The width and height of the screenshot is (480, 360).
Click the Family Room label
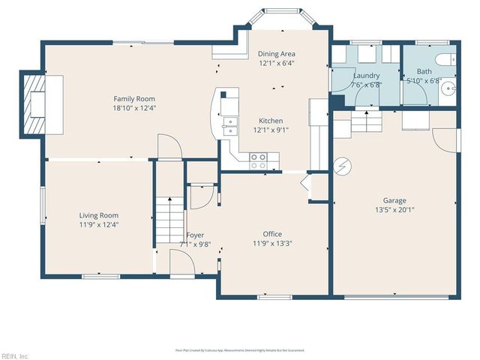pyautogui.click(x=134, y=98)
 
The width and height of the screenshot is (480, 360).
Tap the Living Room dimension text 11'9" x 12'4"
pyautogui.click(x=99, y=224)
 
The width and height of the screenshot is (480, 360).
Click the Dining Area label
pyautogui.click(x=277, y=54)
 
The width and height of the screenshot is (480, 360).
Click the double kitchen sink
pyautogui.click(x=229, y=124)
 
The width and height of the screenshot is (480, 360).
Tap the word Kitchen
pyautogui.click(x=271, y=121)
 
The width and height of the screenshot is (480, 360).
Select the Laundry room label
pyautogui.click(x=366, y=76)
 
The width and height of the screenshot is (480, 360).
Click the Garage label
pyautogui.click(x=394, y=200)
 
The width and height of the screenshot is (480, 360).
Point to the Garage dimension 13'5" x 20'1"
pyautogui.click(x=394, y=210)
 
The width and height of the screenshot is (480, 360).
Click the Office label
pyautogui.click(x=272, y=233)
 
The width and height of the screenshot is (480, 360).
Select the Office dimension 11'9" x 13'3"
pyautogui.click(x=272, y=243)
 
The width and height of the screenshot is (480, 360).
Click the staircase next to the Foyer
pyautogui.click(x=169, y=222)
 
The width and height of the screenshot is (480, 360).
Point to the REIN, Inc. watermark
pyautogui.click(x=15, y=355)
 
